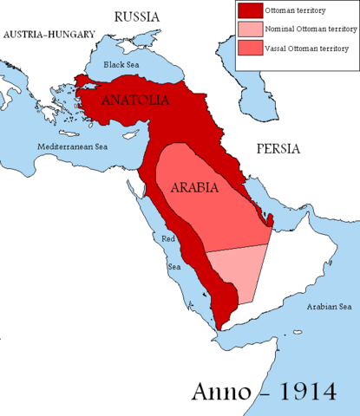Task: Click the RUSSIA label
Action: click(x=137, y=16)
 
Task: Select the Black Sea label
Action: click(x=121, y=64)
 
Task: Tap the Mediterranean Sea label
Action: click(x=74, y=148)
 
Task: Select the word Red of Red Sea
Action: click(x=166, y=237)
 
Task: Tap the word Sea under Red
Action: click(x=173, y=266)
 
